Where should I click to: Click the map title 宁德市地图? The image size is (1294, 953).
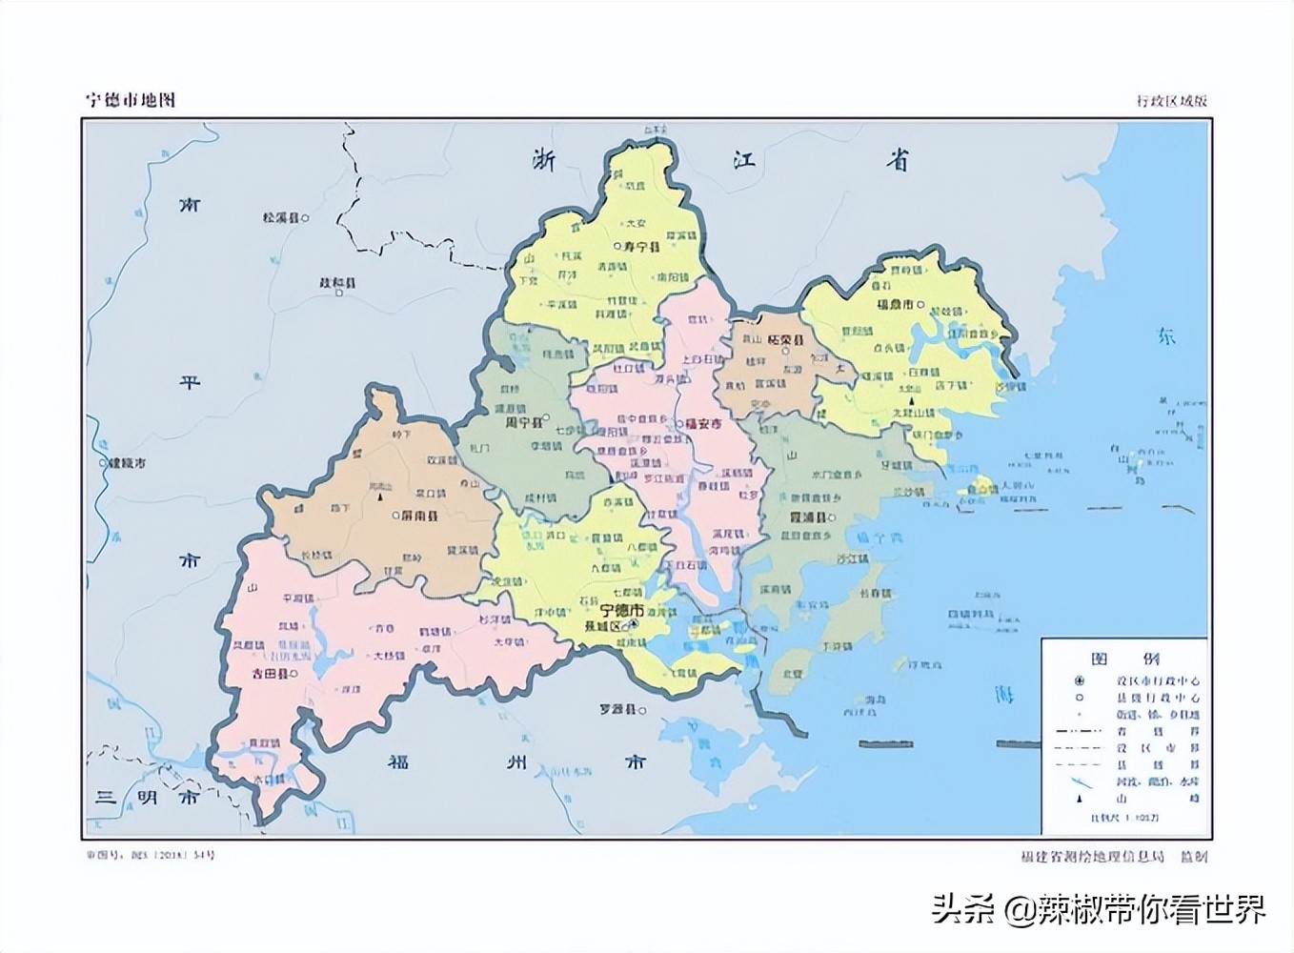coord(131,100)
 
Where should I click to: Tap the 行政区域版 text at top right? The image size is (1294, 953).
coord(1172,101)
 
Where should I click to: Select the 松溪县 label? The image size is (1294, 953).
coord(281,218)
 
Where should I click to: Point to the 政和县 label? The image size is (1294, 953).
coord(337,283)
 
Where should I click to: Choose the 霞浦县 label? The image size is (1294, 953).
coord(810,517)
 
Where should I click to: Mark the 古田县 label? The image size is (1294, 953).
coord(271,673)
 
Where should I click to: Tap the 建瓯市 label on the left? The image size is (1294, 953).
coord(129,463)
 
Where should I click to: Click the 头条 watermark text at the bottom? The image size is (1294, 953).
coord(962,908)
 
